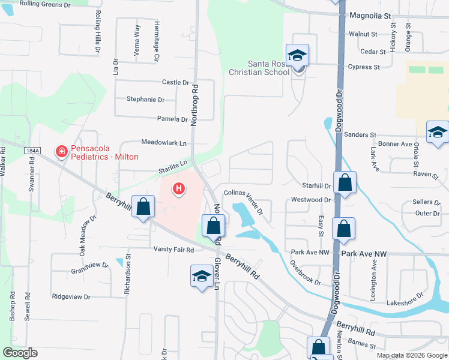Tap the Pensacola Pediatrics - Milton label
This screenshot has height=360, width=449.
tap(105, 152)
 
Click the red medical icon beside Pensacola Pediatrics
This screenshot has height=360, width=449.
tap(61, 152)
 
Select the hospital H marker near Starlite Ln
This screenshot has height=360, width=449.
tap(178, 189)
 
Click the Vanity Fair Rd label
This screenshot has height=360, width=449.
tap(174, 250)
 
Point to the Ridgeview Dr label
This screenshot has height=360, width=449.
tap(71, 296)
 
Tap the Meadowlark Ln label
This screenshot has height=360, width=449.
tap(164, 143)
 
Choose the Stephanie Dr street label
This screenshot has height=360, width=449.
tap(145, 100)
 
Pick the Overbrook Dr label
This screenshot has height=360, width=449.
tap(304, 272)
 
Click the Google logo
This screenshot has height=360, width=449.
tap(20, 353)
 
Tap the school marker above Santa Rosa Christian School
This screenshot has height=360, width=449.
tap(297, 56)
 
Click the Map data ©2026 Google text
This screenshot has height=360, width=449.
tap(412, 355)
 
